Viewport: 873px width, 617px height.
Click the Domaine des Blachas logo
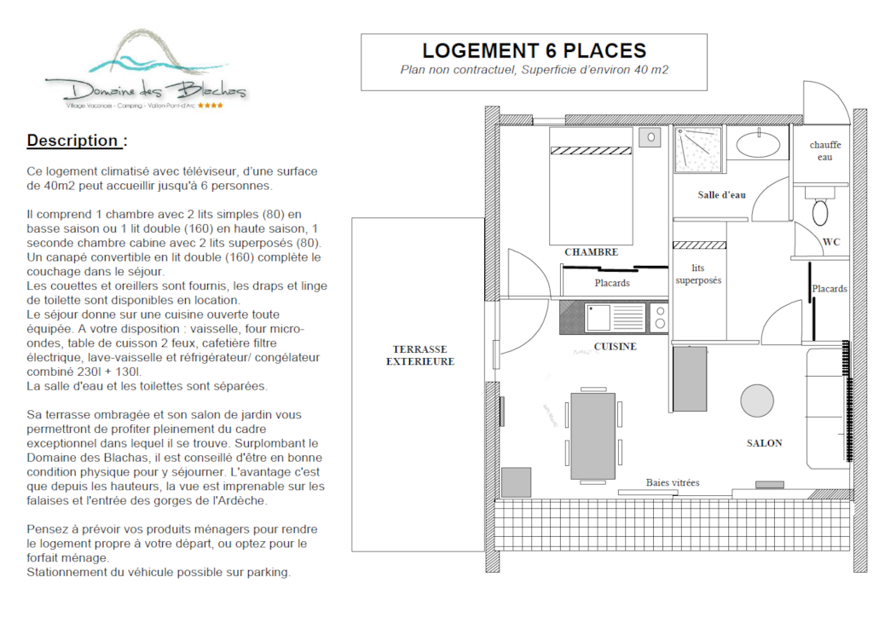[x=146, y=70]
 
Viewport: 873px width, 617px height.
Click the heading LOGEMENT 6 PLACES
[x=534, y=50]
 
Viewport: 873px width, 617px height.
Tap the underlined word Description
[x=72, y=141]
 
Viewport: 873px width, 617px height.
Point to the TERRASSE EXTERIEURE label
[x=420, y=355]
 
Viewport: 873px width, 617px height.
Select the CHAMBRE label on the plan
[x=592, y=252]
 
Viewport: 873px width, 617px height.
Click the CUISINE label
[x=616, y=347]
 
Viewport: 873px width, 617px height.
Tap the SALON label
[x=765, y=443]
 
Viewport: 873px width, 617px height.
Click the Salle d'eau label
[x=721, y=194]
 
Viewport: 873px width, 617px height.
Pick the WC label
[x=831, y=241]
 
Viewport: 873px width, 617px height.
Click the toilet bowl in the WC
[x=820, y=212]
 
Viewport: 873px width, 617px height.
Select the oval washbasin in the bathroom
[x=758, y=145]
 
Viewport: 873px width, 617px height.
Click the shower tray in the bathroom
[x=698, y=150]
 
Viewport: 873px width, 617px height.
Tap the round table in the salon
[x=757, y=401]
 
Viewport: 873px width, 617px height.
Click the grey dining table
[x=593, y=435]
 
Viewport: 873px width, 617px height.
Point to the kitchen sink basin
[x=598, y=317]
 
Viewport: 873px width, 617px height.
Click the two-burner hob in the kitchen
[x=659, y=317]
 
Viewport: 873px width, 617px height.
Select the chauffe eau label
[x=825, y=151]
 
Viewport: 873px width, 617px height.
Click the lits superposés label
[x=698, y=274]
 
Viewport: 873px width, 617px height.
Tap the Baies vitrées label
[x=673, y=482]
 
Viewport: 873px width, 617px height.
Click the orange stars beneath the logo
[x=211, y=105]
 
